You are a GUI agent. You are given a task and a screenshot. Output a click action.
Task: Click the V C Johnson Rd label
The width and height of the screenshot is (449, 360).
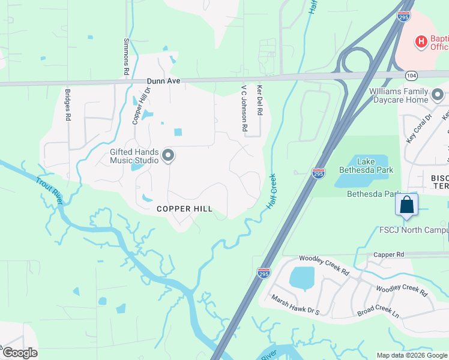tap(244, 107)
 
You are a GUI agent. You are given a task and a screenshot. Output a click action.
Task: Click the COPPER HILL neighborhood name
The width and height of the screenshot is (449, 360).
tap(184, 209)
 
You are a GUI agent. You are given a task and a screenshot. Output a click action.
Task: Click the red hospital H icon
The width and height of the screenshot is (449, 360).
tap(421, 41)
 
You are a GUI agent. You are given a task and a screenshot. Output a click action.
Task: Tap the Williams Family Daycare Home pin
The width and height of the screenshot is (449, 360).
tap(437, 95)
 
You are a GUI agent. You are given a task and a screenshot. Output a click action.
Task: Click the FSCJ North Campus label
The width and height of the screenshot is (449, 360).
tap(414, 230)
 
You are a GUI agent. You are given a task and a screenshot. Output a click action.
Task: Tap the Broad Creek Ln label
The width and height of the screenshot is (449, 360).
tap(378, 314)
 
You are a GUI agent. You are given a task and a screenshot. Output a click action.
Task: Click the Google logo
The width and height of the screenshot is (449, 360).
tap(19, 353)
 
